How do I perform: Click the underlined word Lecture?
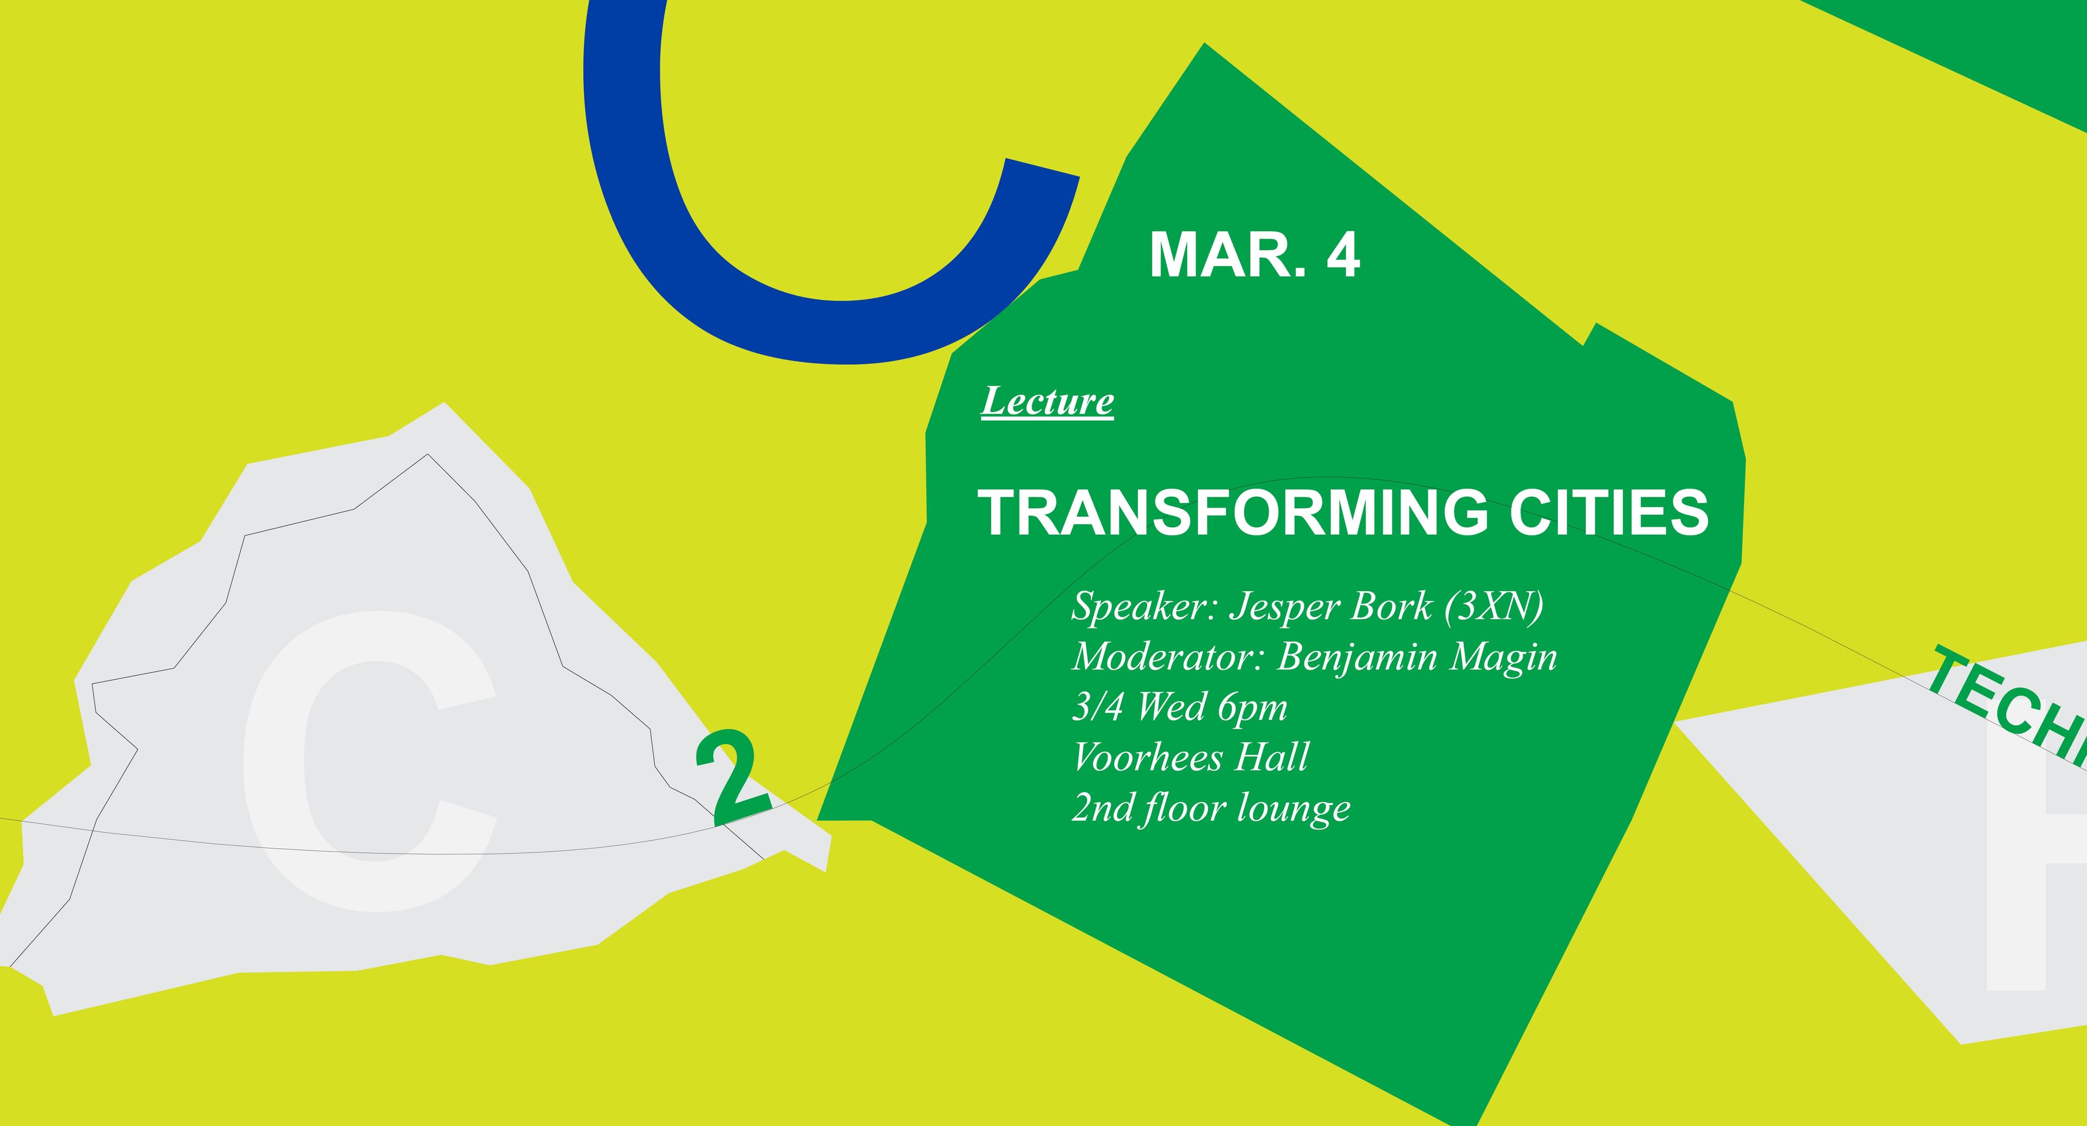1047,402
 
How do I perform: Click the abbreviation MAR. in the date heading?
1227,254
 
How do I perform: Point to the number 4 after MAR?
1342,254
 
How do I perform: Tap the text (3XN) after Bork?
1494,606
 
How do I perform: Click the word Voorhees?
1147,758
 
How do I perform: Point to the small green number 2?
733,776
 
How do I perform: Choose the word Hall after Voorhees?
1271,758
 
